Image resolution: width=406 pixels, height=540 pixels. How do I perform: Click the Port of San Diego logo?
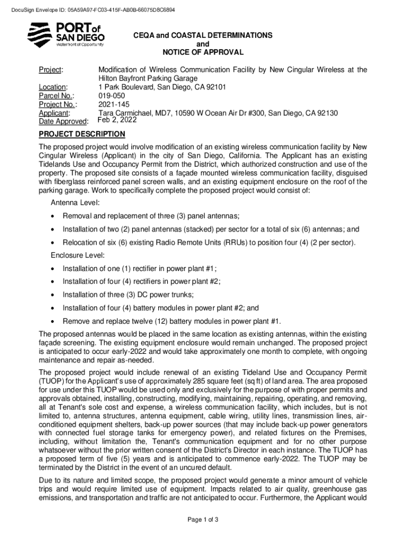(66, 34)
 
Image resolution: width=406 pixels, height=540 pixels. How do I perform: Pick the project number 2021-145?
(114, 104)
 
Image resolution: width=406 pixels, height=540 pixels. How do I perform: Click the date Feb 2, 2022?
(118, 120)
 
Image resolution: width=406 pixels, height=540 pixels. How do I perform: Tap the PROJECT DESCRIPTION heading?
(82, 134)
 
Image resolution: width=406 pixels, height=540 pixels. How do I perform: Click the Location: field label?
(53, 87)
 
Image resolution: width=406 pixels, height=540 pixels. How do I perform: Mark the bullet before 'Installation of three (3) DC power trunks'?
(53, 295)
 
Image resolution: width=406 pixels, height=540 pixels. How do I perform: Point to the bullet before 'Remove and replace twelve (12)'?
(53, 321)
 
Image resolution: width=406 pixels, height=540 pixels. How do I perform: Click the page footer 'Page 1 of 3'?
(203, 520)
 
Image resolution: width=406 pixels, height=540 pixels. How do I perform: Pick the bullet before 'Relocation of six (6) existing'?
(53, 243)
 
